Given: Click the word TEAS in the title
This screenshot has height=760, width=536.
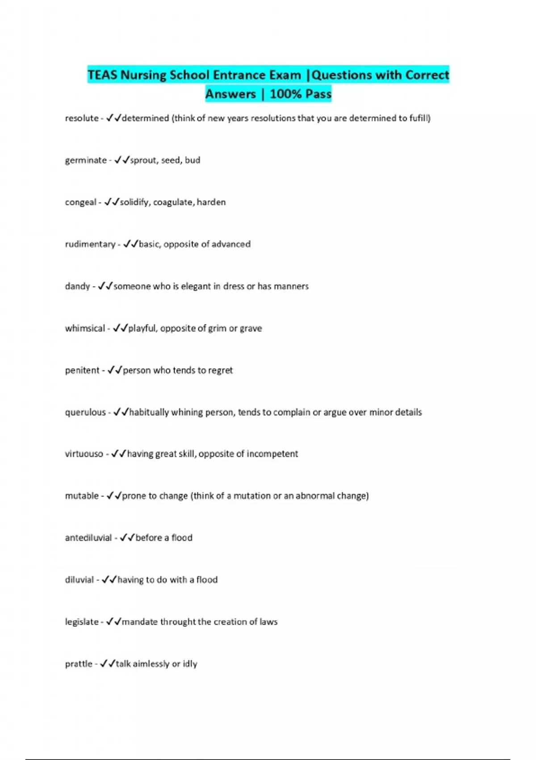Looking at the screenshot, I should (x=102, y=75).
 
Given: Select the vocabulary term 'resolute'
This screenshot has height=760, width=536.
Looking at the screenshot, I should (x=82, y=118).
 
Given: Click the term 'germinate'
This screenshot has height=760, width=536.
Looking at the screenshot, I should (x=86, y=160).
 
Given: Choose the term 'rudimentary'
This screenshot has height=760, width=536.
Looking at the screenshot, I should (x=90, y=244).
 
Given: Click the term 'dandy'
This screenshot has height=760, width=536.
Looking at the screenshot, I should (x=77, y=286).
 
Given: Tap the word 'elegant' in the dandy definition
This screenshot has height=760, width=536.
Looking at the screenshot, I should (x=196, y=286).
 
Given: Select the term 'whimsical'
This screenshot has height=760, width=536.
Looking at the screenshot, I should (x=85, y=328).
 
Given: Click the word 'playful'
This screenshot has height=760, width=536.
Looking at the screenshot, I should (x=142, y=328).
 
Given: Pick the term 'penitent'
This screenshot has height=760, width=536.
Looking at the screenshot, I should (x=82, y=370).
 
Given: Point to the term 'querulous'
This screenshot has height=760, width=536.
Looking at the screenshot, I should (x=85, y=412).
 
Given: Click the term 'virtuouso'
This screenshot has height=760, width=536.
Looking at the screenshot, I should (x=84, y=454).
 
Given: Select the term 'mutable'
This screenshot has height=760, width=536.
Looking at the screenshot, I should (x=82, y=496).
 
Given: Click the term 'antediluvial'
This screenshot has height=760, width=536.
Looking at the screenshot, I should (x=88, y=538).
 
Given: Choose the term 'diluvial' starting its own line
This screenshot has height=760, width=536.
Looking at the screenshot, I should (x=80, y=580).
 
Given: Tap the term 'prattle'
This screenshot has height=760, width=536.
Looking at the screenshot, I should (x=79, y=664).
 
